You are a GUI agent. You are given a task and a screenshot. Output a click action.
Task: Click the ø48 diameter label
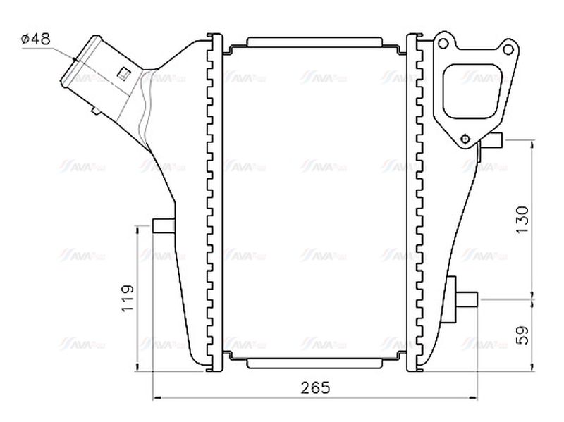point(36,39)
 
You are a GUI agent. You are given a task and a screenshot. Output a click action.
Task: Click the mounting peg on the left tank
point(163,226)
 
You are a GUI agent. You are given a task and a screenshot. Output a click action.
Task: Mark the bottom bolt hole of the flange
point(465,138)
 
